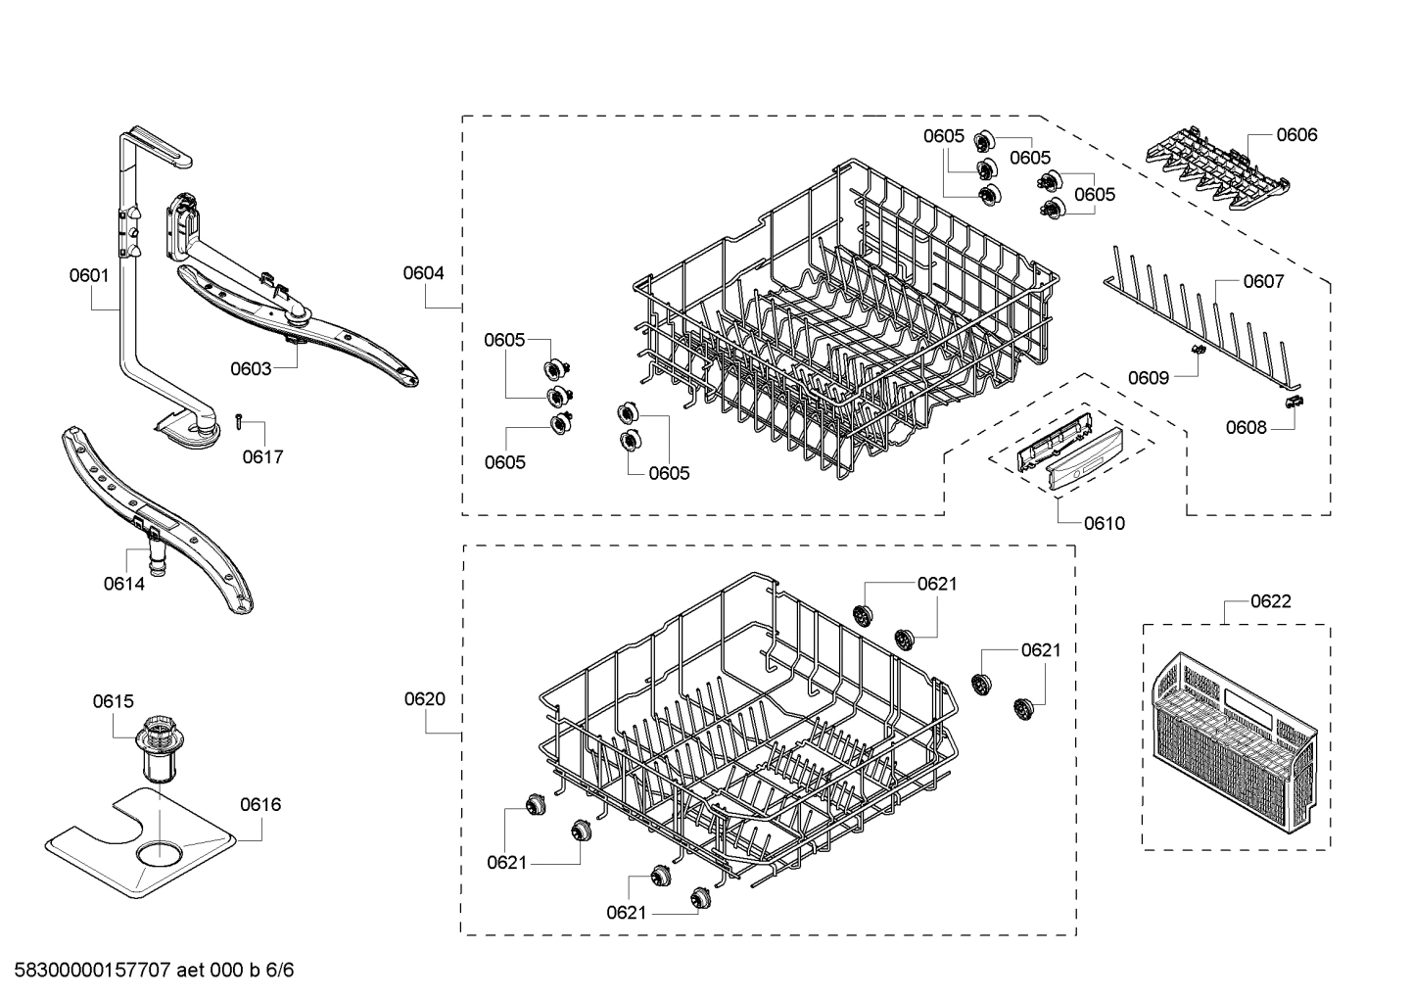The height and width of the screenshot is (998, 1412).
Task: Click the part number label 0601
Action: coord(89,275)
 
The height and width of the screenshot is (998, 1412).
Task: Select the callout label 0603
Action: coord(251,368)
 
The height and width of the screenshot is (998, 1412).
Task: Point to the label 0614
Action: coord(124,584)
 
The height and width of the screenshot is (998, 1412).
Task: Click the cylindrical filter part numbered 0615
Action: coord(156,749)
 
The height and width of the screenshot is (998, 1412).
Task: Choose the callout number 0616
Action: coord(260,805)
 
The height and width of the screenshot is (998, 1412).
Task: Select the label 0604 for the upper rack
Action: coord(423,273)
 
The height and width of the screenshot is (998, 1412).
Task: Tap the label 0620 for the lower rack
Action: coord(424,699)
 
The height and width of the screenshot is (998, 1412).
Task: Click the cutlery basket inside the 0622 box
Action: coord(1233,740)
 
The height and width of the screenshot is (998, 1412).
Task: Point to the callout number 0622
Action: coord(1270,601)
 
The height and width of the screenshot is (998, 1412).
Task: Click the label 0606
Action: coord(1296,135)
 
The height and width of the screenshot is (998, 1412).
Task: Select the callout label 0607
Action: coord(1263,282)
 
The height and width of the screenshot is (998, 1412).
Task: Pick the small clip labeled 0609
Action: coord(1196,350)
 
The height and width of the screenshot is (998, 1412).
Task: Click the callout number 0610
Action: coord(1105,523)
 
